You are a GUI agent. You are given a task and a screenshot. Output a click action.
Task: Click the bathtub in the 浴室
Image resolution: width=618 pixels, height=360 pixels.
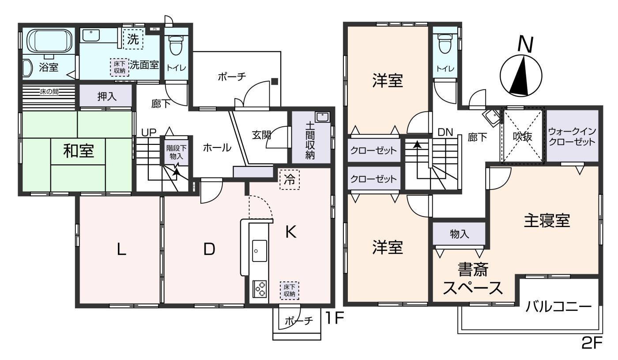(x=49, y=40)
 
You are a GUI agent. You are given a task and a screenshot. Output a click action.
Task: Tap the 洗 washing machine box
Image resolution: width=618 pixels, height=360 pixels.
(x=133, y=39)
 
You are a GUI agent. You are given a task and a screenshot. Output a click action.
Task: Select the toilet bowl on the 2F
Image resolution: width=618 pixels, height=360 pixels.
(x=445, y=44)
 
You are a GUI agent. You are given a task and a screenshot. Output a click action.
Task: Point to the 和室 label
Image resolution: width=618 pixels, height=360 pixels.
(x=79, y=151)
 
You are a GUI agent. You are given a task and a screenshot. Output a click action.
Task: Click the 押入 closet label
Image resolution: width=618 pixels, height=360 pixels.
(x=107, y=96)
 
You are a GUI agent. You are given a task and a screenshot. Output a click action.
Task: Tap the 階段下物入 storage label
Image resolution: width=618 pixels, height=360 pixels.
(x=176, y=152)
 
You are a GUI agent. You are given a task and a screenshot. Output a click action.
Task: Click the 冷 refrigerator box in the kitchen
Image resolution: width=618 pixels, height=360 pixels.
(x=290, y=180)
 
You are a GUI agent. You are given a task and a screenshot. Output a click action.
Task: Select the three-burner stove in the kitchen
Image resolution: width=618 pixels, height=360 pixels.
(x=260, y=289)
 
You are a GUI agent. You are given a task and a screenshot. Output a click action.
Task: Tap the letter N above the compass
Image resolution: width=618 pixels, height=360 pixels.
(x=525, y=45)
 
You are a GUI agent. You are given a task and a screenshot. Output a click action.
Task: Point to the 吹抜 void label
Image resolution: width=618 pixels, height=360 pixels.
(x=523, y=136)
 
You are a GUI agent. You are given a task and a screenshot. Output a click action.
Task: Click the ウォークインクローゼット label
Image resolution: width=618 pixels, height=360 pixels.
(x=572, y=136)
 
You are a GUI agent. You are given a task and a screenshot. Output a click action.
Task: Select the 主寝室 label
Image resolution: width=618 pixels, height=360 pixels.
(x=547, y=221)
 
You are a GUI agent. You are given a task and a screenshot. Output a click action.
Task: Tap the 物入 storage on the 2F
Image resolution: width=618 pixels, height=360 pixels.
(x=459, y=234)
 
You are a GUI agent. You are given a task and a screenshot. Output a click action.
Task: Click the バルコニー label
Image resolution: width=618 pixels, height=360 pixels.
(x=558, y=307)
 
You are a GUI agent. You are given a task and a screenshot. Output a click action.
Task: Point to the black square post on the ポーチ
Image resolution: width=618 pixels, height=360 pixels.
(x=275, y=81)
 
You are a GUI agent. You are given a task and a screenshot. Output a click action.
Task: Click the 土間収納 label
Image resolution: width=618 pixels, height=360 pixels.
(x=310, y=140)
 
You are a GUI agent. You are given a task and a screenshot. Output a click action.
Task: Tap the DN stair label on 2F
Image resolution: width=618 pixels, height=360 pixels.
(x=445, y=133)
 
